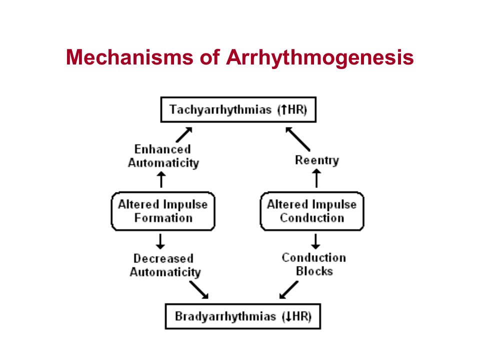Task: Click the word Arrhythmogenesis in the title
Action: (320, 58)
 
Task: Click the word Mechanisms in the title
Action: (129, 57)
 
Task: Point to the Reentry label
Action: (317, 160)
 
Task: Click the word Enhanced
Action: (163, 149)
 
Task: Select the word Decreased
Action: (163, 258)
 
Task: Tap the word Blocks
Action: (314, 271)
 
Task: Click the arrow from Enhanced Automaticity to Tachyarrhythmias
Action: (184, 134)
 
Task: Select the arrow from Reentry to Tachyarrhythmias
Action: (297, 139)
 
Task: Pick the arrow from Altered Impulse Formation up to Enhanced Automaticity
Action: (161, 179)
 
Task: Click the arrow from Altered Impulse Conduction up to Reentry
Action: (316, 178)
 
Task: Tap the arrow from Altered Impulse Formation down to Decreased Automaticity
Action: (160, 241)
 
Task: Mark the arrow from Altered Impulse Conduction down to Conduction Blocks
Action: (315, 241)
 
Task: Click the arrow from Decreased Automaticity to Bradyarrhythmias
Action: (199, 290)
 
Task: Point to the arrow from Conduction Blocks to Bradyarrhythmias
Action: (288, 290)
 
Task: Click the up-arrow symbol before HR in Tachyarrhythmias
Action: (284, 109)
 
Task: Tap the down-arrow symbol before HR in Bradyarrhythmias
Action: (288, 316)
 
